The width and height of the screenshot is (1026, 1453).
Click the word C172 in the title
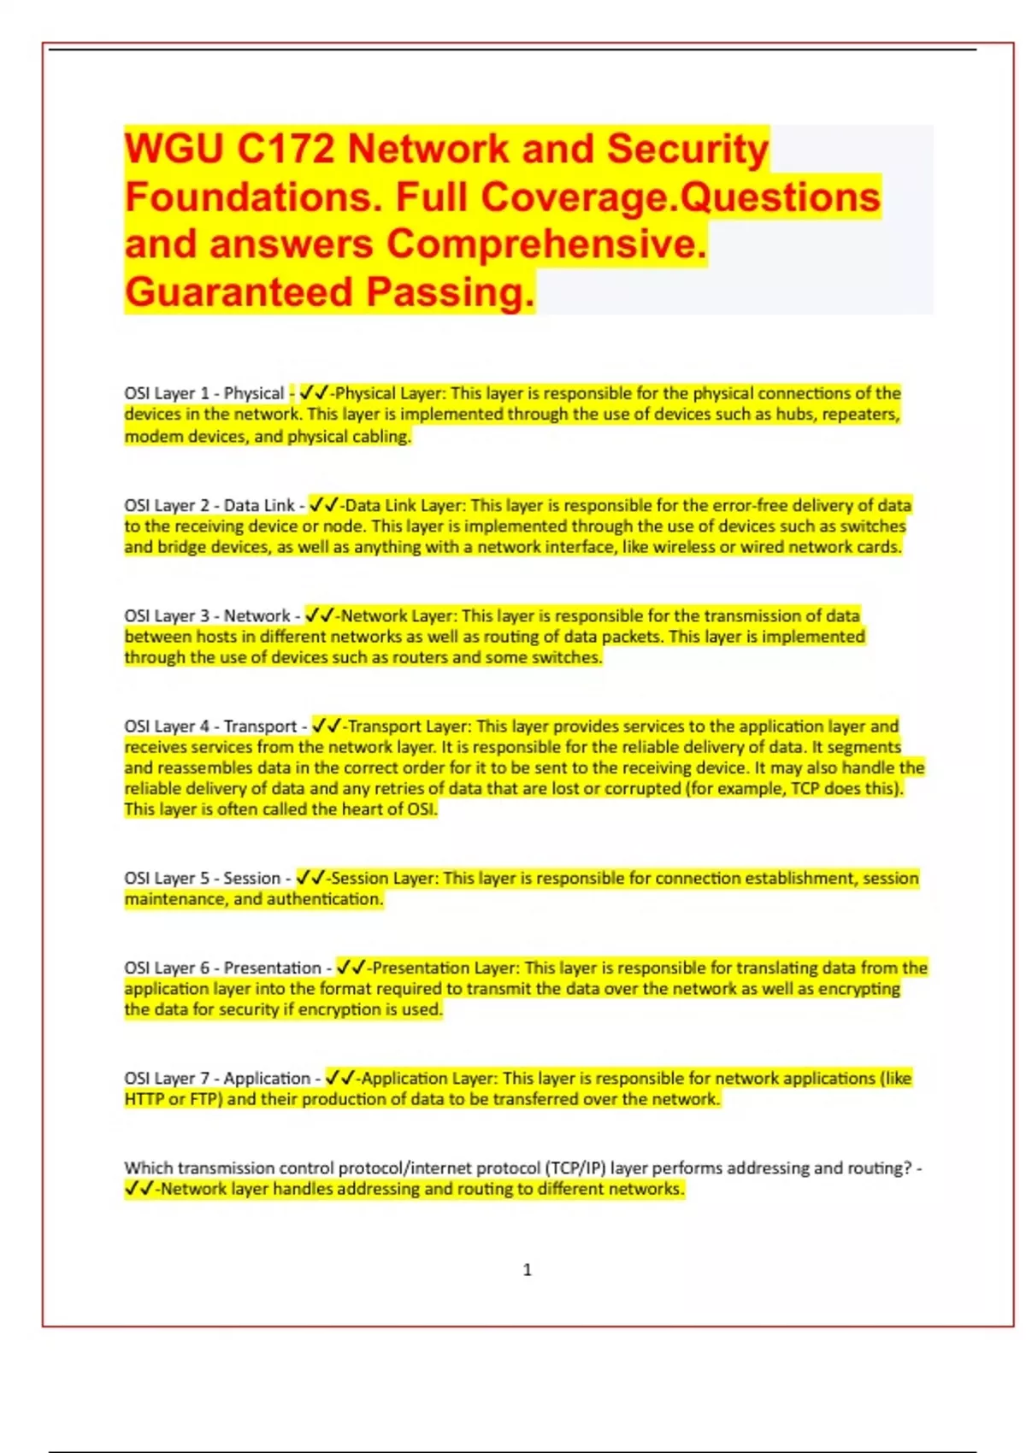click(x=286, y=150)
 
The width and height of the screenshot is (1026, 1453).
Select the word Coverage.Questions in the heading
click(x=680, y=197)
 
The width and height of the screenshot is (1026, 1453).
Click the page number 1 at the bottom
click(x=527, y=1270)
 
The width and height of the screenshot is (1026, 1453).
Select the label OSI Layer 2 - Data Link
click(x=209, y=506)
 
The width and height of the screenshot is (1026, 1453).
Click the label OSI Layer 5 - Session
click(x=203, y=879)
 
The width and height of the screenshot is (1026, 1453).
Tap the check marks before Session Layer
click(x=310, y=878)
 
